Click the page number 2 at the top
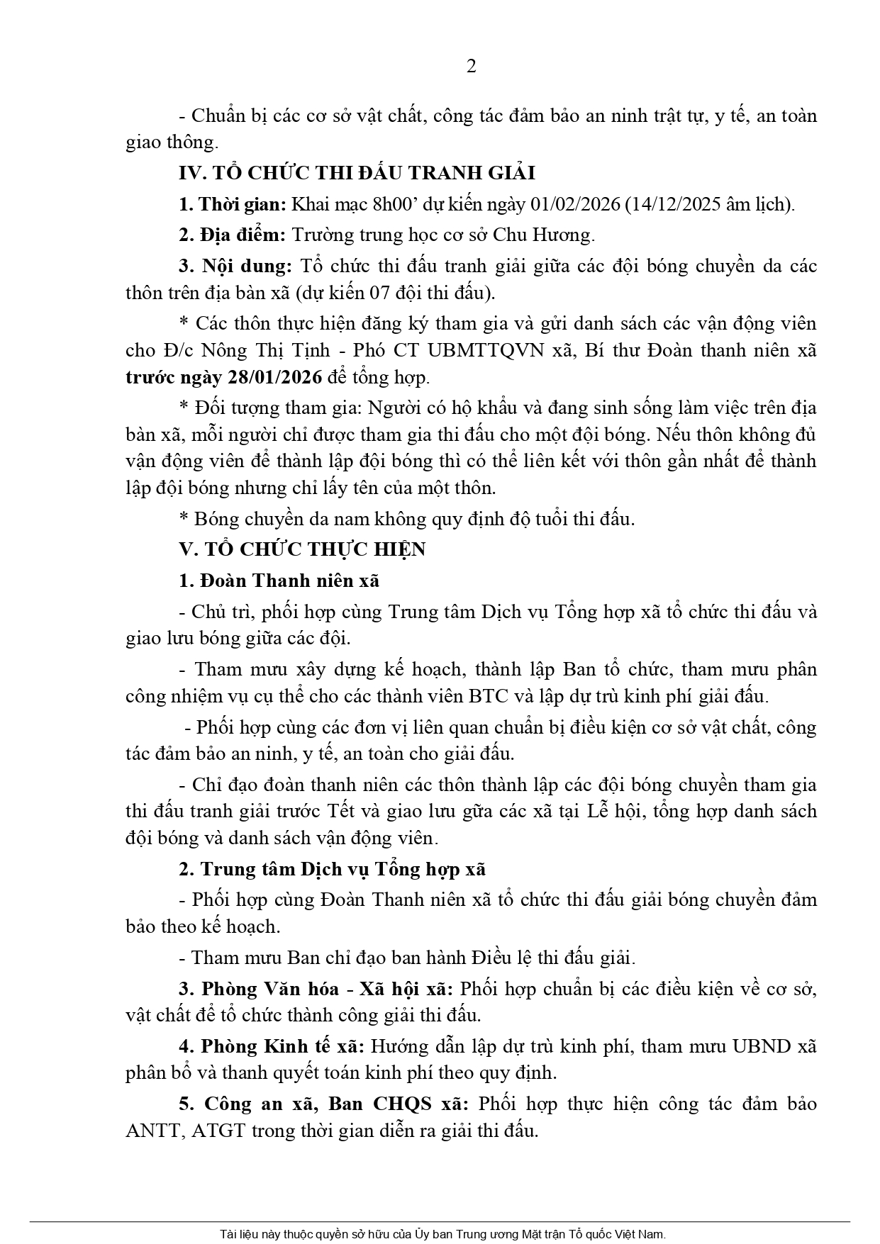coord(472,66)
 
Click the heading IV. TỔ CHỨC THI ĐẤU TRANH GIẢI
coord(357,173)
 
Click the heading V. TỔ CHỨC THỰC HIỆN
coord(302,549)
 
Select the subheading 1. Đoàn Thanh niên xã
coord(279,581)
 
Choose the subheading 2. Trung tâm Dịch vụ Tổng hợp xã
coord(332,869)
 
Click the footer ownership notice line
coord(442,1233)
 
